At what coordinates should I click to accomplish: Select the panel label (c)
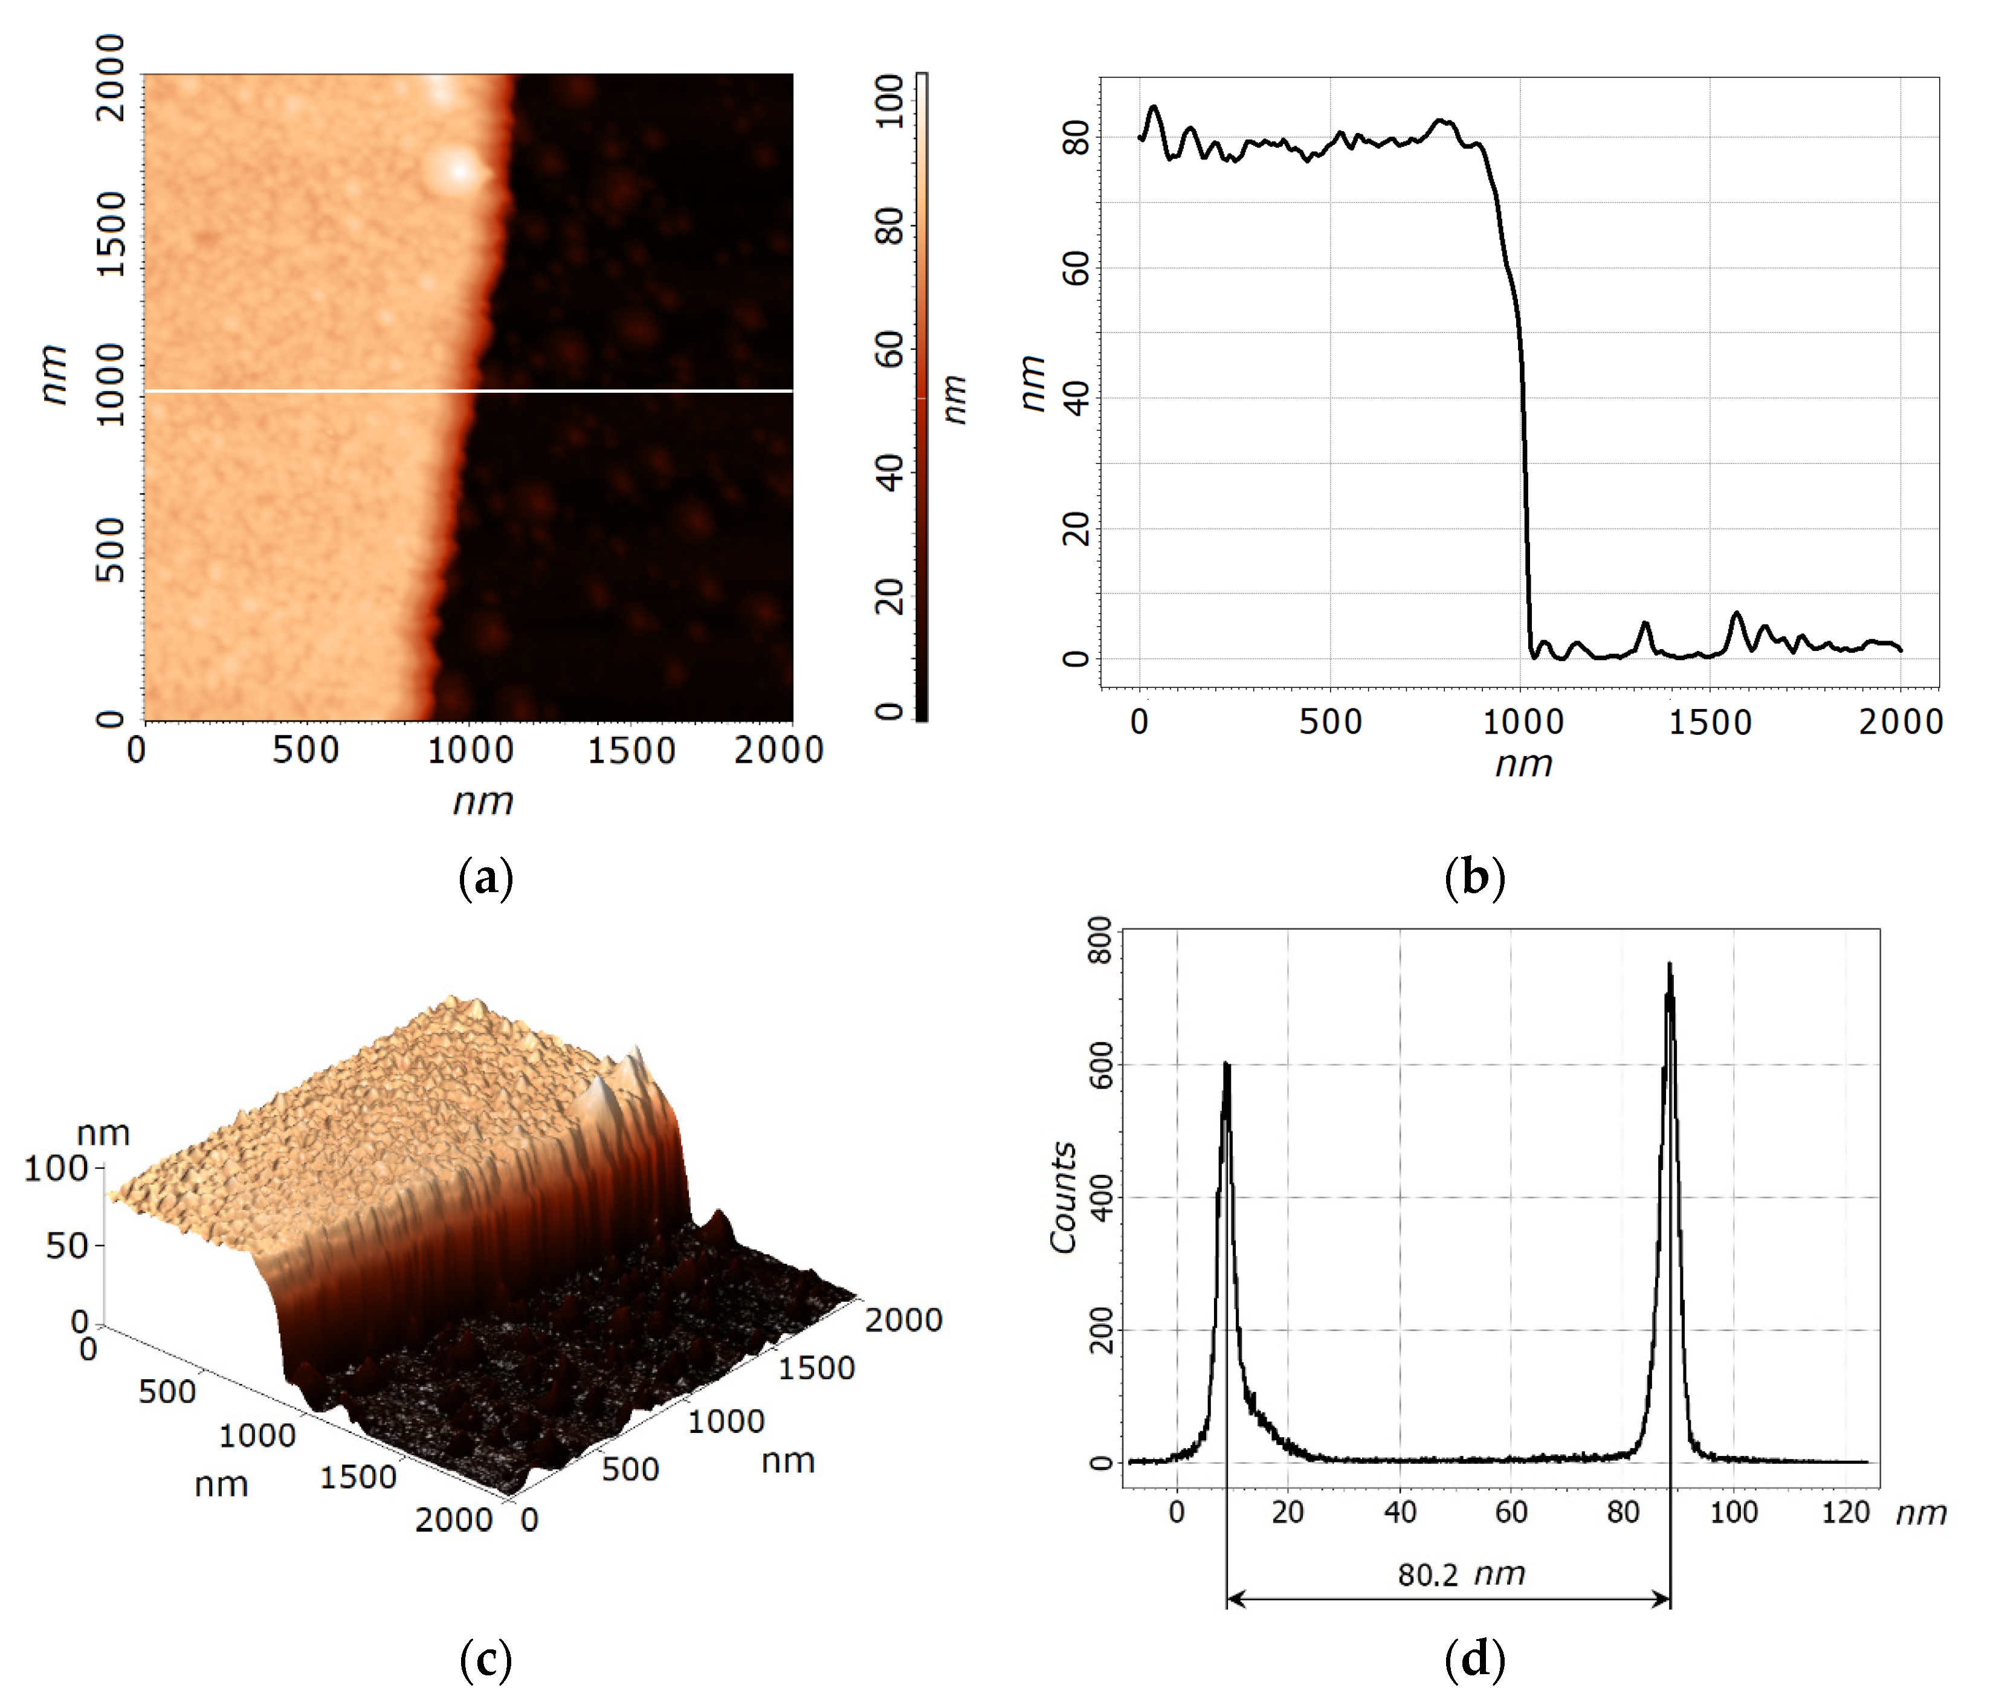(x=485, y=1660)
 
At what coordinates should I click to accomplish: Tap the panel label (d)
(x=1474, y=1660)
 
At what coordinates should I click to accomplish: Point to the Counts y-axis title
(x=1064, y=1198)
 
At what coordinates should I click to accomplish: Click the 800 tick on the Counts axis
(x=1100, y=940)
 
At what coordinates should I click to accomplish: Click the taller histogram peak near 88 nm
(x=1670, y=966)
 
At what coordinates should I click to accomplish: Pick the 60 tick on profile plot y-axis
(x=1076, y=268)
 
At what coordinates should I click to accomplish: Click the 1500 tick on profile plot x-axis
(x=1710, y=722)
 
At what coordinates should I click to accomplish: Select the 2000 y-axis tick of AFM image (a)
(x=110, y=77)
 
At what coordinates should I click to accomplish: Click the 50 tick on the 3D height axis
(x=68, y=1246)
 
